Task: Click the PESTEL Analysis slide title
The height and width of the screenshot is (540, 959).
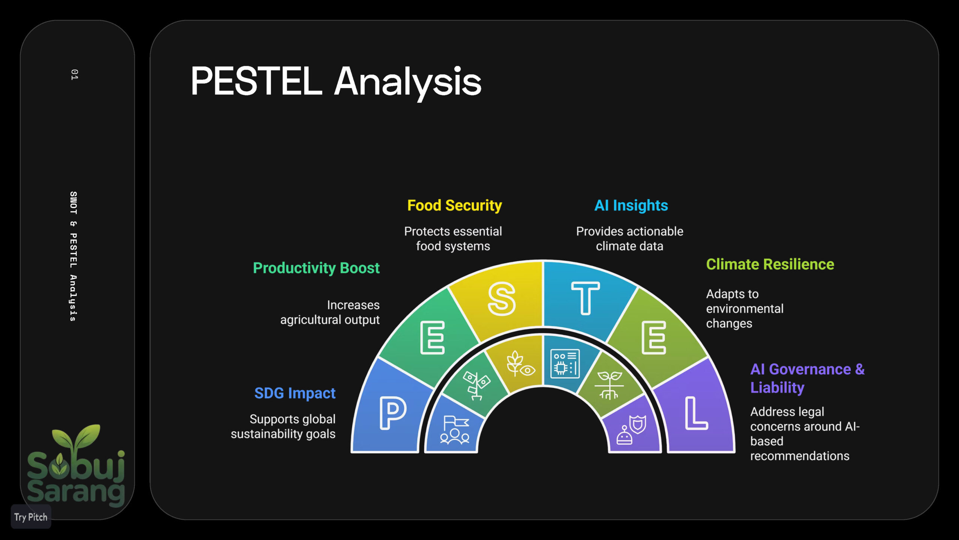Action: point(336,81)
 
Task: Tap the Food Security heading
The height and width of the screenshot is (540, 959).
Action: point(454,205)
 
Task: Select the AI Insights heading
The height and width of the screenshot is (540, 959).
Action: point(631,205)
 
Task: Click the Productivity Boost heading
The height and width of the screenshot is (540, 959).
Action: point(316,268)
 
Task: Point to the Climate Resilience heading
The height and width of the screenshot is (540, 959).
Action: point(770,264)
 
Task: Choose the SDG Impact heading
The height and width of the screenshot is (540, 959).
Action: point(295,393)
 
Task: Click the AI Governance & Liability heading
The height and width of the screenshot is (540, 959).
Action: point(807,378)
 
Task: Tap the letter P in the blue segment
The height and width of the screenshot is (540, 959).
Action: point(393,413)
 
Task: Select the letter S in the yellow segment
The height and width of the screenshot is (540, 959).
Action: point(502,299)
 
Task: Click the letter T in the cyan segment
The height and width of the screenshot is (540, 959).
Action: point(585,298)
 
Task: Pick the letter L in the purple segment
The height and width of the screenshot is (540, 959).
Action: point(696,413)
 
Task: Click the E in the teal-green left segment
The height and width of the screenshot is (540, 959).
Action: point(432,337)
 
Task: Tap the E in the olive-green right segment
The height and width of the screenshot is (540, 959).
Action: point(654,337)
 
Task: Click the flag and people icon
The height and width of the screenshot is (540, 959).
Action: point(455,430)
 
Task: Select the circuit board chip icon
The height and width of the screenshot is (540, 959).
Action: point(565,364)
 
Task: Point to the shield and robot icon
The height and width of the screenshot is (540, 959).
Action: point(631,430)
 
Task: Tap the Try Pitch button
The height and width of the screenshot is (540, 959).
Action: point(31,517)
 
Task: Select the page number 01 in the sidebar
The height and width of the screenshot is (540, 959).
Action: point(74,74)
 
